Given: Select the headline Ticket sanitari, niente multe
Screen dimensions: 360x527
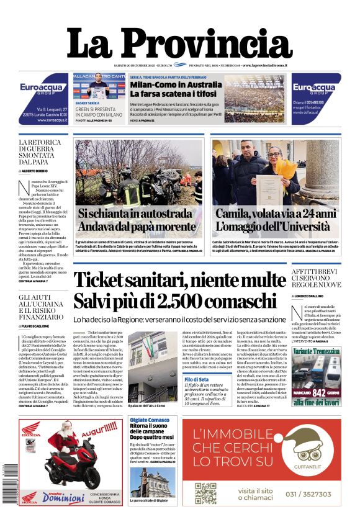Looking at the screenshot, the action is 179,289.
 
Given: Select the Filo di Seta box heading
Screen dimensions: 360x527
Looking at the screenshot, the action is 196,379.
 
